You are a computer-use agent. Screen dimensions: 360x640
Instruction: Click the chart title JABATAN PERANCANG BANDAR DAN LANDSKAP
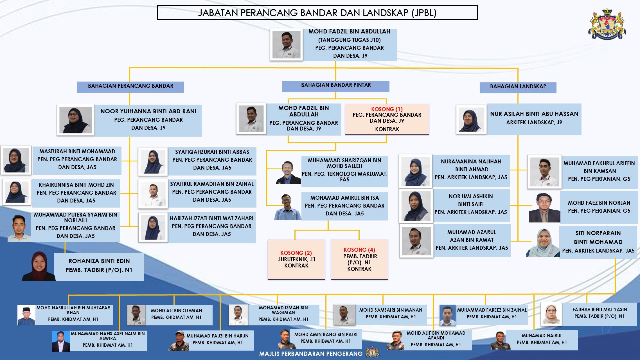317,13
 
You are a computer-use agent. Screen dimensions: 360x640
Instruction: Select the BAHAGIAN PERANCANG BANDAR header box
130,86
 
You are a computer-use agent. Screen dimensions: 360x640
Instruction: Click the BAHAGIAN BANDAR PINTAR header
336,85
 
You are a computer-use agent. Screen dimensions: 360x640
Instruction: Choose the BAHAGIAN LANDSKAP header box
518,87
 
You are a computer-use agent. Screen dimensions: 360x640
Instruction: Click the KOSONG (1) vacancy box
387,119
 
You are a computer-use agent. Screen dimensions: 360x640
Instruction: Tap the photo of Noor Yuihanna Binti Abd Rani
76,120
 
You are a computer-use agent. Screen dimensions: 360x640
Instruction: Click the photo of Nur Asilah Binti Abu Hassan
471,120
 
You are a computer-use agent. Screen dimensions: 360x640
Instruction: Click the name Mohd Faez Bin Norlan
599,203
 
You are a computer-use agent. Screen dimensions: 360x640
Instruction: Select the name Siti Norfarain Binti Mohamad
598,237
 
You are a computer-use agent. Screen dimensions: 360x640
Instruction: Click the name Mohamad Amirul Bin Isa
344,198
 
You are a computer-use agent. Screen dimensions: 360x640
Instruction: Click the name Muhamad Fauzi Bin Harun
217,336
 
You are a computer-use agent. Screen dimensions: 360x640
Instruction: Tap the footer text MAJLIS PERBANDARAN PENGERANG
311,354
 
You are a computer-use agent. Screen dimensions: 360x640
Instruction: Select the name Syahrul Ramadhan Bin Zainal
212,184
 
